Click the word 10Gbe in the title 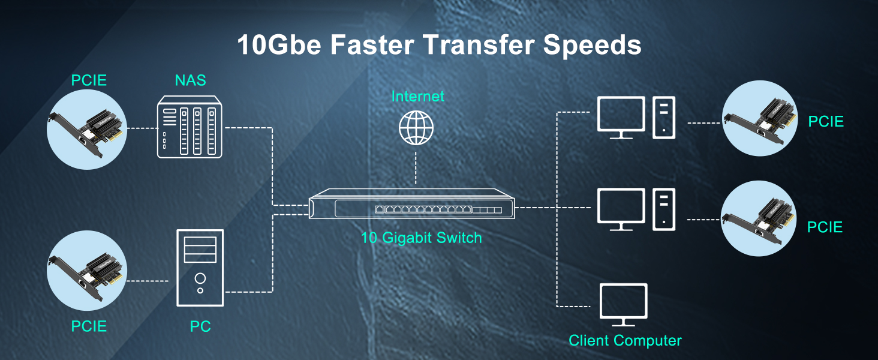coord(279,44)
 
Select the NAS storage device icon coord(190,127)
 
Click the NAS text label coord(190,80)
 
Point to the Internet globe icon coord(416,128)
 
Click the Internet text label coord(418,97)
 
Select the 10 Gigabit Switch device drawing coord(411,204)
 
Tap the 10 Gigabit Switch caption coord(422,238)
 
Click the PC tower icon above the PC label coord(200,268)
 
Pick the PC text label coord(200,326)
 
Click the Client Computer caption coord(625,340)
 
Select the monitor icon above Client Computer coord(623,305)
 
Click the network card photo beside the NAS coord(86,130)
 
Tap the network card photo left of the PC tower coord(86,271)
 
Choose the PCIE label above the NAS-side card coord(89,80)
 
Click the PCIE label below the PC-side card coord(89,326)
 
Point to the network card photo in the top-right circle coord(760,118)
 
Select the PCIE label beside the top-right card coord(826,122)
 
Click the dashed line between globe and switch coord(416,168)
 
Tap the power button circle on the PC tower coord(200,278)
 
